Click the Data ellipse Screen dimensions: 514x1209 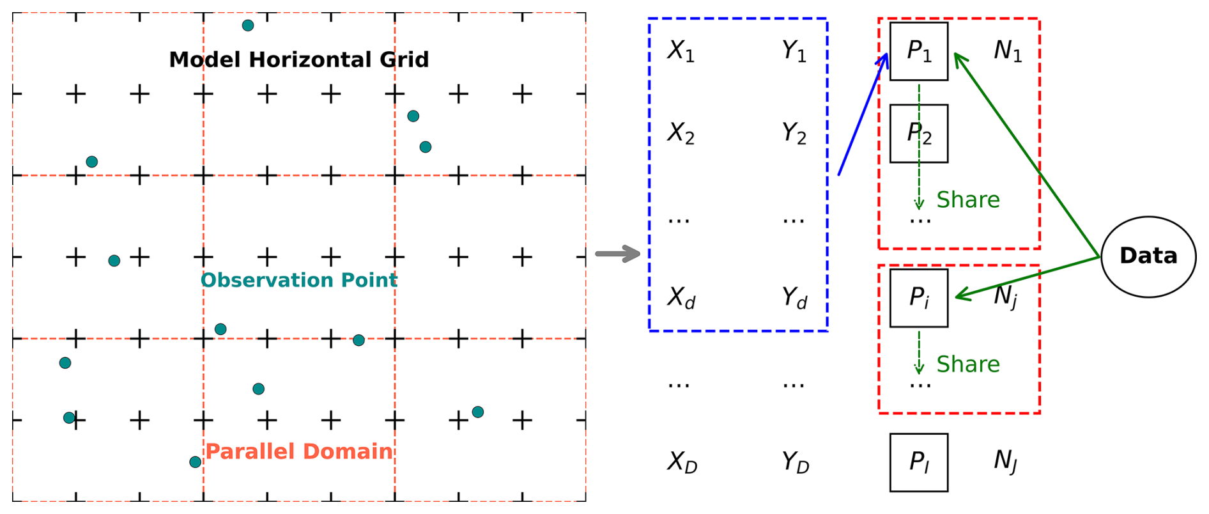pos(1148,256)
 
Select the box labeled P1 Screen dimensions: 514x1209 pos(918,51)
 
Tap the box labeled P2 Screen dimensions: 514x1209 pos(918,133)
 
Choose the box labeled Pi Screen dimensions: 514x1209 pos(918,298)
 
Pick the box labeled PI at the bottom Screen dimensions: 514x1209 pos(918,462)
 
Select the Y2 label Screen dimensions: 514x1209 pos(794,133)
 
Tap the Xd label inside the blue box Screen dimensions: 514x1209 pos(681,298)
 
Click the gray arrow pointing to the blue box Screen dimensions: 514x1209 pos(617,254)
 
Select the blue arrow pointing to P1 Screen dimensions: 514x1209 pos(862,115)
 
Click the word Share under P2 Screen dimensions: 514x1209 pos(967,200)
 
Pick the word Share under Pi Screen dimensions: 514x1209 pos(967,364)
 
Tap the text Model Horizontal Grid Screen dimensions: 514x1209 pos(298,59)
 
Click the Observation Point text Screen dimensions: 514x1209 pos(298,280)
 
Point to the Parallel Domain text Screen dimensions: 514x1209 pos(298,451)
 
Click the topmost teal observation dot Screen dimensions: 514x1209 pos(248,26)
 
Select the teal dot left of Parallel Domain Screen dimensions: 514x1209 pos(196,462)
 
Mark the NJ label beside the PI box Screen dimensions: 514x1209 pos(1005,461)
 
